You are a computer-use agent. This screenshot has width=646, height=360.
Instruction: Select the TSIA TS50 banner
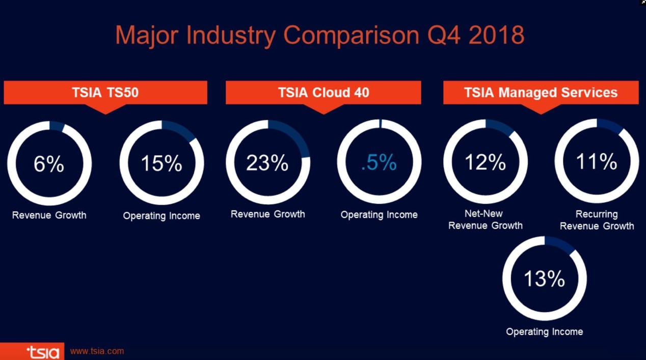pyautogui.click(x=105, y=93)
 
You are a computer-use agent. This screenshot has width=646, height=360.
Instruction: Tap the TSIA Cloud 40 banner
pyautogui.click(x=324, y=93)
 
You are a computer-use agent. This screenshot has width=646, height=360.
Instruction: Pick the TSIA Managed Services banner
pyautogui.click(x=541, y=93)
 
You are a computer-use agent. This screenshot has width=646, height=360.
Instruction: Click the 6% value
pyautogui.click(x=49, y=164)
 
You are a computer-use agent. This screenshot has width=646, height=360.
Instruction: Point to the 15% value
pyautogui.click(x=162, y=164)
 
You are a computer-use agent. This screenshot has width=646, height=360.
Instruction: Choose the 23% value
pyautogui.click(x=267, y=163)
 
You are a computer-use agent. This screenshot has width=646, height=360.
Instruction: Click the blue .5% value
pyautogui.click(x=379, y=162)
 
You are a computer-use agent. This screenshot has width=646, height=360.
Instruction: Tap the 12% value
pyautogui.click(x=485, y=162)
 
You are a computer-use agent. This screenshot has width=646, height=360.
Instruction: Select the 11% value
pyautogui.click(x=597, y=161)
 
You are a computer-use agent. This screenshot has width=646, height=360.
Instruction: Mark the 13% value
pyautogui.click(x=545, y=279)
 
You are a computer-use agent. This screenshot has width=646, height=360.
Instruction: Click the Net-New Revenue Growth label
pyautogui.click(x=486, y=219)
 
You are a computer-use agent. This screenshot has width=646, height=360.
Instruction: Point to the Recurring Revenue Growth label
pyautogui.click(x=597, y=220)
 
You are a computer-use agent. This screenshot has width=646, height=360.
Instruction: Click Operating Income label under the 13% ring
pyautogui.click(x=545, y=332)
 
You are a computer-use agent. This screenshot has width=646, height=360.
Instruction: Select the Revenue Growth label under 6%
pyautogui.click(x=49, y=215)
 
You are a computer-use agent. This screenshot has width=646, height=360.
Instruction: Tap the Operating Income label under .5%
pyautogui.click(x=379, y=215)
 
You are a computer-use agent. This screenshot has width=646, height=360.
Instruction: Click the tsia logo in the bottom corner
pyautogui.click(x=42, y=352)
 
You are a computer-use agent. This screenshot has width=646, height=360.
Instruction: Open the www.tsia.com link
pyautogui.click(x=97, y=351)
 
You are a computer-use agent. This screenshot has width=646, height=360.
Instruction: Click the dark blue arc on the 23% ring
pyautogui.click(x=294, y=135)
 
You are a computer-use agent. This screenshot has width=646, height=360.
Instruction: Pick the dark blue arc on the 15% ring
pyautogui.click(x=181, y=129)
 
